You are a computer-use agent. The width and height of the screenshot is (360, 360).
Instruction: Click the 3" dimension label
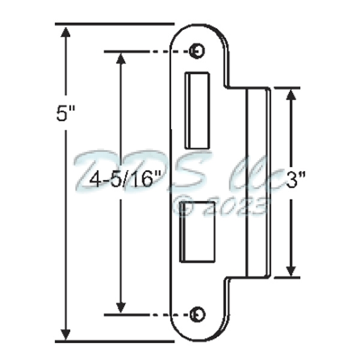coord(313,180)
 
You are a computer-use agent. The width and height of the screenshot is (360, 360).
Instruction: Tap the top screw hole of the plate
coord(195,51)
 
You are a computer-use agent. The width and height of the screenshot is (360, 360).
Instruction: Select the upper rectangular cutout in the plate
coord(195,111)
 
